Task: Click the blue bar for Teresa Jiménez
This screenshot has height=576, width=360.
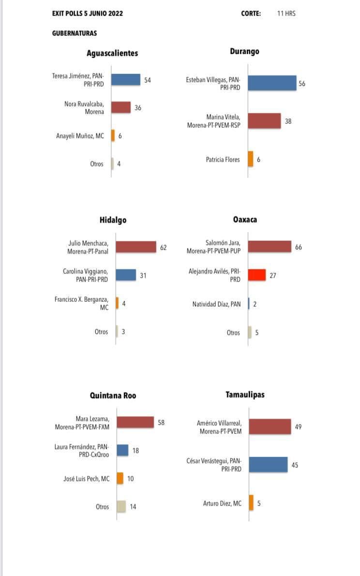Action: pos(126,80)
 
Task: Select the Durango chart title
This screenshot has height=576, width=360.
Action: pos(245,51)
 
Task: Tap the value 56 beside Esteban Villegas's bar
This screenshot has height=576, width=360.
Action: pos(302,84)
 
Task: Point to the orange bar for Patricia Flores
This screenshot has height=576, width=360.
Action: pos(251,159)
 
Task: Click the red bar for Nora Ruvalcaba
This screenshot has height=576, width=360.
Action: pos(121,107)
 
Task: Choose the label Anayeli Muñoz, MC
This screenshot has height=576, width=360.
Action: pos(80,136)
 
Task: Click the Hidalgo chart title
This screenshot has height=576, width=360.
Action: pos(113,220)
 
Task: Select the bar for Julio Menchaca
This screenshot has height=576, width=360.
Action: pos(136,247)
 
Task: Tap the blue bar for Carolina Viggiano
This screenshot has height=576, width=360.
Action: pos(126,275)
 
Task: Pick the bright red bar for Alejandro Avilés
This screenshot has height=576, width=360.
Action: pos(257,275)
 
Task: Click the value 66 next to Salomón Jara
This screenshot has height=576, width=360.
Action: pos(299,247)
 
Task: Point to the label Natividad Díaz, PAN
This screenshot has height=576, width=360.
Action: pos(217,304)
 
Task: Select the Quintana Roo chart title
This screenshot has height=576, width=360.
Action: pos(113,396)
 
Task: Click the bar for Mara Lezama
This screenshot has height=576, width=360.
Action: pos(135,423)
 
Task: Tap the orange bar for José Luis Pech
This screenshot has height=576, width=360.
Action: pos(120,478)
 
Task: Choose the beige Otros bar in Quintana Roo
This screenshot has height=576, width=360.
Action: pos(121,506)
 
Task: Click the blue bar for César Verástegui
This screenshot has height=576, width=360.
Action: pos(268,465)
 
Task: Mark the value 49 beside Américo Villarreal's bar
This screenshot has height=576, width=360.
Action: pos(298,427)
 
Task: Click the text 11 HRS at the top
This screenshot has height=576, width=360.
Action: pos(286,14)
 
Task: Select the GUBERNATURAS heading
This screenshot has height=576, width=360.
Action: pos(75,33)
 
